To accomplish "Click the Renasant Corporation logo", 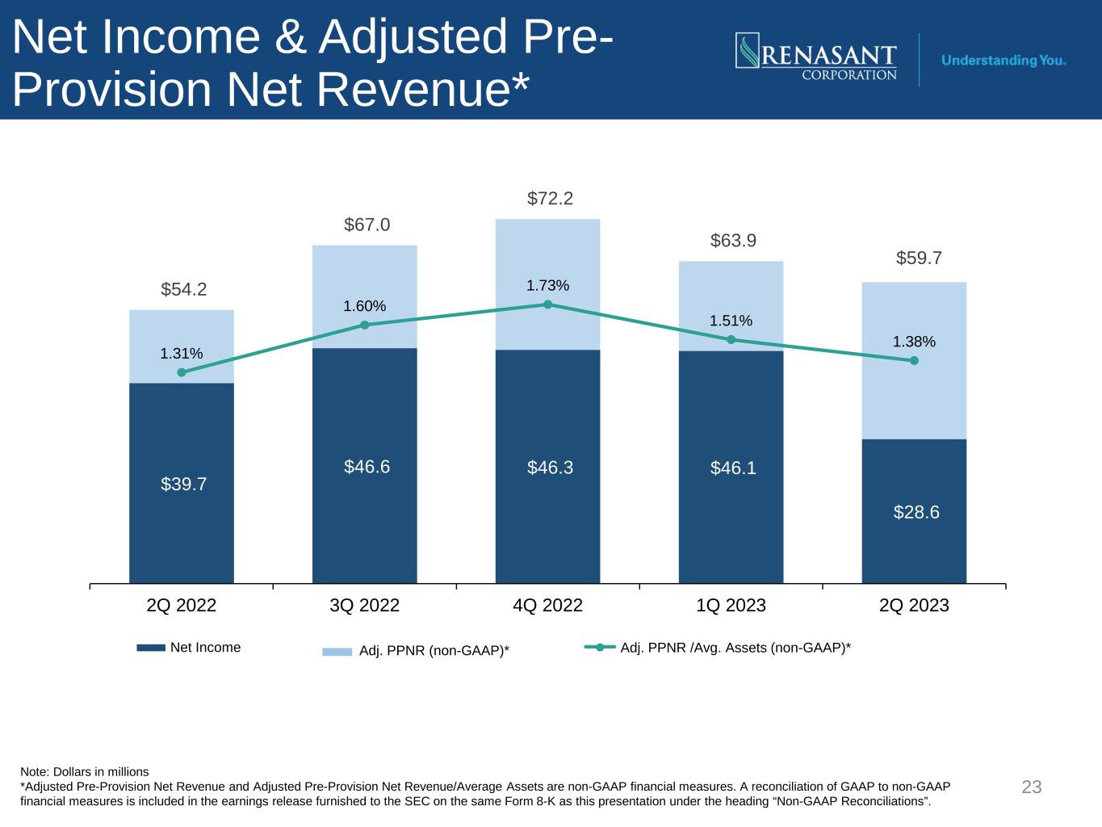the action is (816, 57).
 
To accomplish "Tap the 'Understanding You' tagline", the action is (1003, 61).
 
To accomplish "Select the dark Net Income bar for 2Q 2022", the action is (181, 483).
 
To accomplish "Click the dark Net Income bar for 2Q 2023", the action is (914, 511).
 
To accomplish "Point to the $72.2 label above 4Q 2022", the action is (550, 199).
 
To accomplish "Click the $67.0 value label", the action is (367, 225).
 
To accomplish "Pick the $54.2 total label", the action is (183, 289).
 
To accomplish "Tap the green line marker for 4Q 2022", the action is (547, 304).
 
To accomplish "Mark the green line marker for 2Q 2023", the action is (914, 360).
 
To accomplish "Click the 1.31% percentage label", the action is (181, 354).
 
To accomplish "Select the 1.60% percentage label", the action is (364, 306).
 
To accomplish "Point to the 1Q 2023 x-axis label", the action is (731, 605).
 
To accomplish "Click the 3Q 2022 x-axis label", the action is (364, 605).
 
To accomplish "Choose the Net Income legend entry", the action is (189, 647).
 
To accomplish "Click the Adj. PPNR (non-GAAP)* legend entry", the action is (416, 651).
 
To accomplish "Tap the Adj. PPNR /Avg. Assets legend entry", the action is (718, 648).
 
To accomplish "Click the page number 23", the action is (1032, 787).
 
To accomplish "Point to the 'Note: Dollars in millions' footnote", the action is (84, 772).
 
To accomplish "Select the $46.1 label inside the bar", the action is (733, 468).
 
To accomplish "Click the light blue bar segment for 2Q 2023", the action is (914, 360).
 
